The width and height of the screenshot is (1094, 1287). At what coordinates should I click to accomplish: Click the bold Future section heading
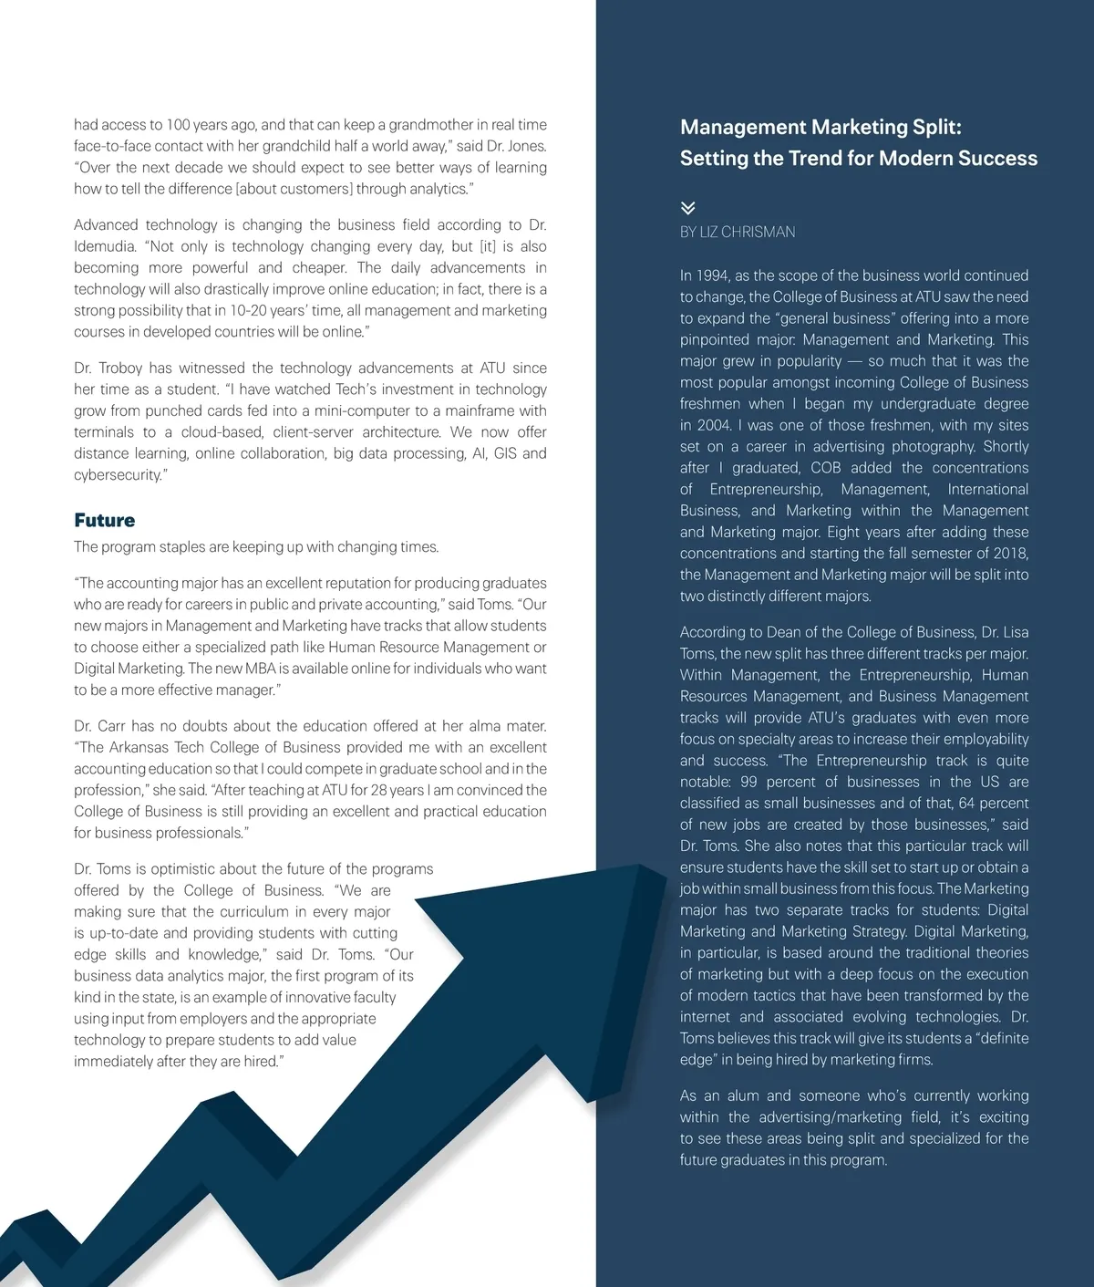(x=104, y=520)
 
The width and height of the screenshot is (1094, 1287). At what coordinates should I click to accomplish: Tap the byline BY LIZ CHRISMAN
(x=737, y=232)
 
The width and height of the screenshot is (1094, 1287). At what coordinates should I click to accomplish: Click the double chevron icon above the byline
(x=688, y=208)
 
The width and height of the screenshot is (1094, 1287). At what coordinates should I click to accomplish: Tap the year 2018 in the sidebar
(x=1010, y=554)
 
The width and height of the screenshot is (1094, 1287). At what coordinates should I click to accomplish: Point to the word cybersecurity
(x=119, y=474)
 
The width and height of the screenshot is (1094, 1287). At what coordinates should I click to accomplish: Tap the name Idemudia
(x=109, y=246)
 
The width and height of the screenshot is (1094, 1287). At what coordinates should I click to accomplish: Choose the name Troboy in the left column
(x=121, y=368)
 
